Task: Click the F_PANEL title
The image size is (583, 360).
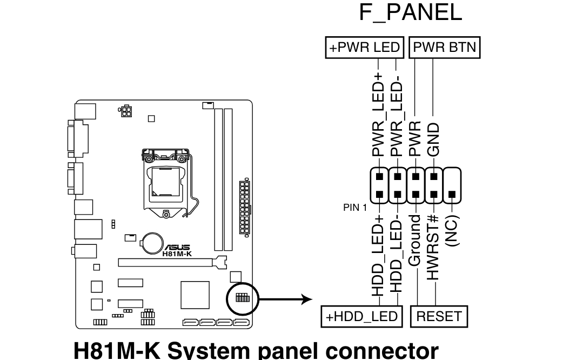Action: coord(411,12)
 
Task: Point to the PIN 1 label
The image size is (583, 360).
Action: coord(354,208)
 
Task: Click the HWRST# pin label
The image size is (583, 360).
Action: coord(433,248)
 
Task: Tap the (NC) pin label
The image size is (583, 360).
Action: coord(452,231)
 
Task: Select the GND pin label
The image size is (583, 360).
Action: coord(433,140)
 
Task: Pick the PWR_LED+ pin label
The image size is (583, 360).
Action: coord(378,115)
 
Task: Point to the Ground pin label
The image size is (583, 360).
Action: coord(414,240)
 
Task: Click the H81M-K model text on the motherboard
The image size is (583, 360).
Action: coord(177,254)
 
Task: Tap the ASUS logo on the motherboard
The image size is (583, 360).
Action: coord(177,248)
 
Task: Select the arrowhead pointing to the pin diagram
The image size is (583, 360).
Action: coord(307,299)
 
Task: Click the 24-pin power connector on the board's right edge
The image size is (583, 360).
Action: coord(245,207)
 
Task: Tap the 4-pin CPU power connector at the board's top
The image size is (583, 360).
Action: coord(126,111)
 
